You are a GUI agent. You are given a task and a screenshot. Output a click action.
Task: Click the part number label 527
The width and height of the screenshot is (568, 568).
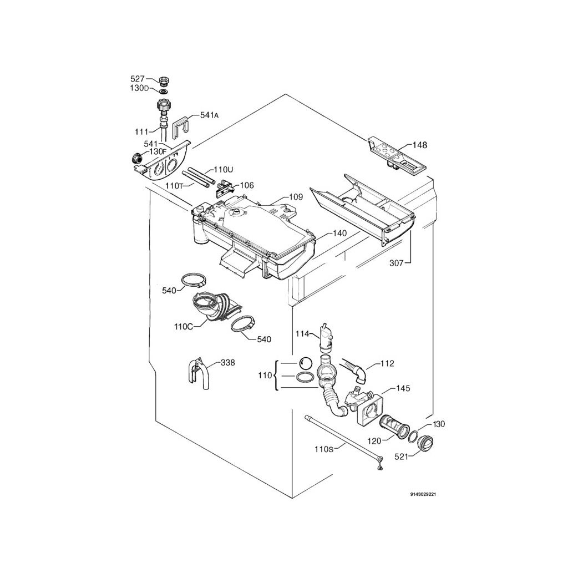tap(138, 79)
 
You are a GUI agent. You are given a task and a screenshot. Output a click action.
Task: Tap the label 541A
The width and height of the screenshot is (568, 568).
tap(209, 115)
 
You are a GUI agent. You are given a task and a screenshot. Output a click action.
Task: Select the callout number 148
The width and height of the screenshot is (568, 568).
tap(420, 145)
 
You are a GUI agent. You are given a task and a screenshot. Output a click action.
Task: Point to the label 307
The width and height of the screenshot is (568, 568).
tap(396, 263)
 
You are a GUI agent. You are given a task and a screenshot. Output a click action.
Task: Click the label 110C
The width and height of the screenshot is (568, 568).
tap(183, 326)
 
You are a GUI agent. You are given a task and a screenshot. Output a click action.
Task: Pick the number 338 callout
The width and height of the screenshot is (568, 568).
tap(227, 363)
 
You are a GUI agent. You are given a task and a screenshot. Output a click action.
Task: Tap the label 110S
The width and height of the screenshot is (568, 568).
tap(324, 449)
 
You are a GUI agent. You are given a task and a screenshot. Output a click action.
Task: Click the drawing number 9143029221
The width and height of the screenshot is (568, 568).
tap(423, 494)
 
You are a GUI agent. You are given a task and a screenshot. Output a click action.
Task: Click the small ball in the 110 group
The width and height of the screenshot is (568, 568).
tap(306, 362)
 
